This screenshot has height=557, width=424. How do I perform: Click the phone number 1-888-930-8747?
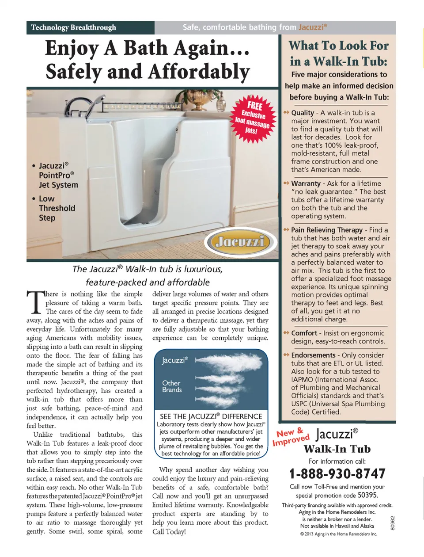pyautogui.click(x=337, y=474)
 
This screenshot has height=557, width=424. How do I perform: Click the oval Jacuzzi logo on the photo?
pyautogui.click(x=238, y=241)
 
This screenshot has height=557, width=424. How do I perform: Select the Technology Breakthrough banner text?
pyautogui.click(x=73, y=27)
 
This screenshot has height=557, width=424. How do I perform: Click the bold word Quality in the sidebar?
pyautogui.click(x=303, y=113)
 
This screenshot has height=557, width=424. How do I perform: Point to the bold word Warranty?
pyautogui.click(x=306, y=183)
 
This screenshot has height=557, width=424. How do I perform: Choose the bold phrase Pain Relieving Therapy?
pyautogui.click(x=326, y=230)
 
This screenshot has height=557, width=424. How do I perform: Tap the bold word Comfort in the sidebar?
pyautogui.click(x=304, y=333)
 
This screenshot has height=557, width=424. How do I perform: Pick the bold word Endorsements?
pyautogui.click(x=313, y=355)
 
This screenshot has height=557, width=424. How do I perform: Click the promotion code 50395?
pyautogui.click(x=367, y=495)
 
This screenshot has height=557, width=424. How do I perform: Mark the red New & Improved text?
pyautogui.click(x=291, y=436)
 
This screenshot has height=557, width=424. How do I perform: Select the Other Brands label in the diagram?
pyautogui.click(x=172, y=386)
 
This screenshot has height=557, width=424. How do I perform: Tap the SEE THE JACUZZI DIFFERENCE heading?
pyautogui.click(x=211, y=416)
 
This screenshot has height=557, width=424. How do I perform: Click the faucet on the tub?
pyautogui.click(x=82, y=106)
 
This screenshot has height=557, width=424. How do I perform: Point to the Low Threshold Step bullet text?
pyautogui.click(x=57, y=208)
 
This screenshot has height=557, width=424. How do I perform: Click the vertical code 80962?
pyautogui.click(x=393, y=523)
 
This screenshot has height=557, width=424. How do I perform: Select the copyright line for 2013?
pyautogui.click(x=338, y=534)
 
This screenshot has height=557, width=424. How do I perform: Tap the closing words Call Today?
pyautogui.click(x=169, y=531)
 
